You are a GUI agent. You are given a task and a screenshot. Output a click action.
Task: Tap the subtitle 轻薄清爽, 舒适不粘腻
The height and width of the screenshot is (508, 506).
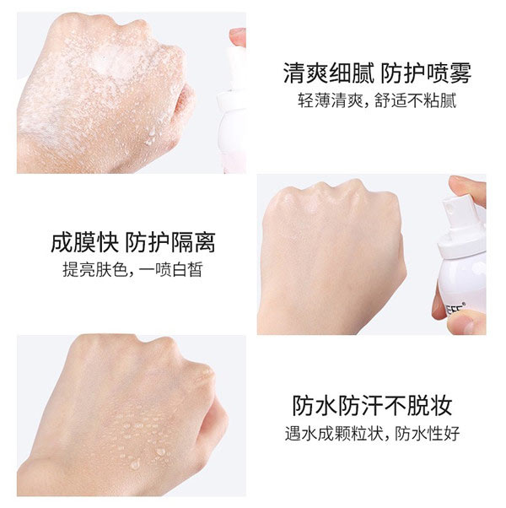377,101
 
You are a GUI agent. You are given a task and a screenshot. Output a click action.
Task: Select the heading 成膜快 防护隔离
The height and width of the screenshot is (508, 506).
132,243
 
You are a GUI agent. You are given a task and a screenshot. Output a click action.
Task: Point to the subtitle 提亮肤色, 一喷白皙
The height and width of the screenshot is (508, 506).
132,271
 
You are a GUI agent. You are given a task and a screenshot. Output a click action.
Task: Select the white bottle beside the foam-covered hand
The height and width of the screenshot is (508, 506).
232,110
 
